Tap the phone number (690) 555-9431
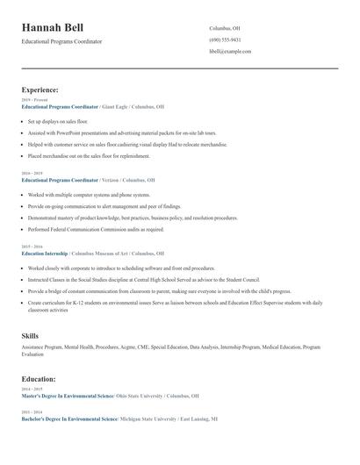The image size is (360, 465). click(225, 40)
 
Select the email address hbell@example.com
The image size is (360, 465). click(230, 52)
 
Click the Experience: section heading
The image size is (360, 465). click(40, 89)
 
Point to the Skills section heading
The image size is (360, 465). click(30, 336)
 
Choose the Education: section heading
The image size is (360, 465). click(39, 379)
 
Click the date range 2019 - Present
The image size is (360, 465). click(34, 100)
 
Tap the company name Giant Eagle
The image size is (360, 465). click(119, 107)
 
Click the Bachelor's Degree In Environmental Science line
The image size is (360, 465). click(69, 419)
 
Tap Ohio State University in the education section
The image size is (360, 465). click(147, 397)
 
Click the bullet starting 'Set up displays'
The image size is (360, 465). click(58, 121)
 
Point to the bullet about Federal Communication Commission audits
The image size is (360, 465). click(96, 229)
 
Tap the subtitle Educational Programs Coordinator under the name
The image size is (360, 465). click(61, 41)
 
